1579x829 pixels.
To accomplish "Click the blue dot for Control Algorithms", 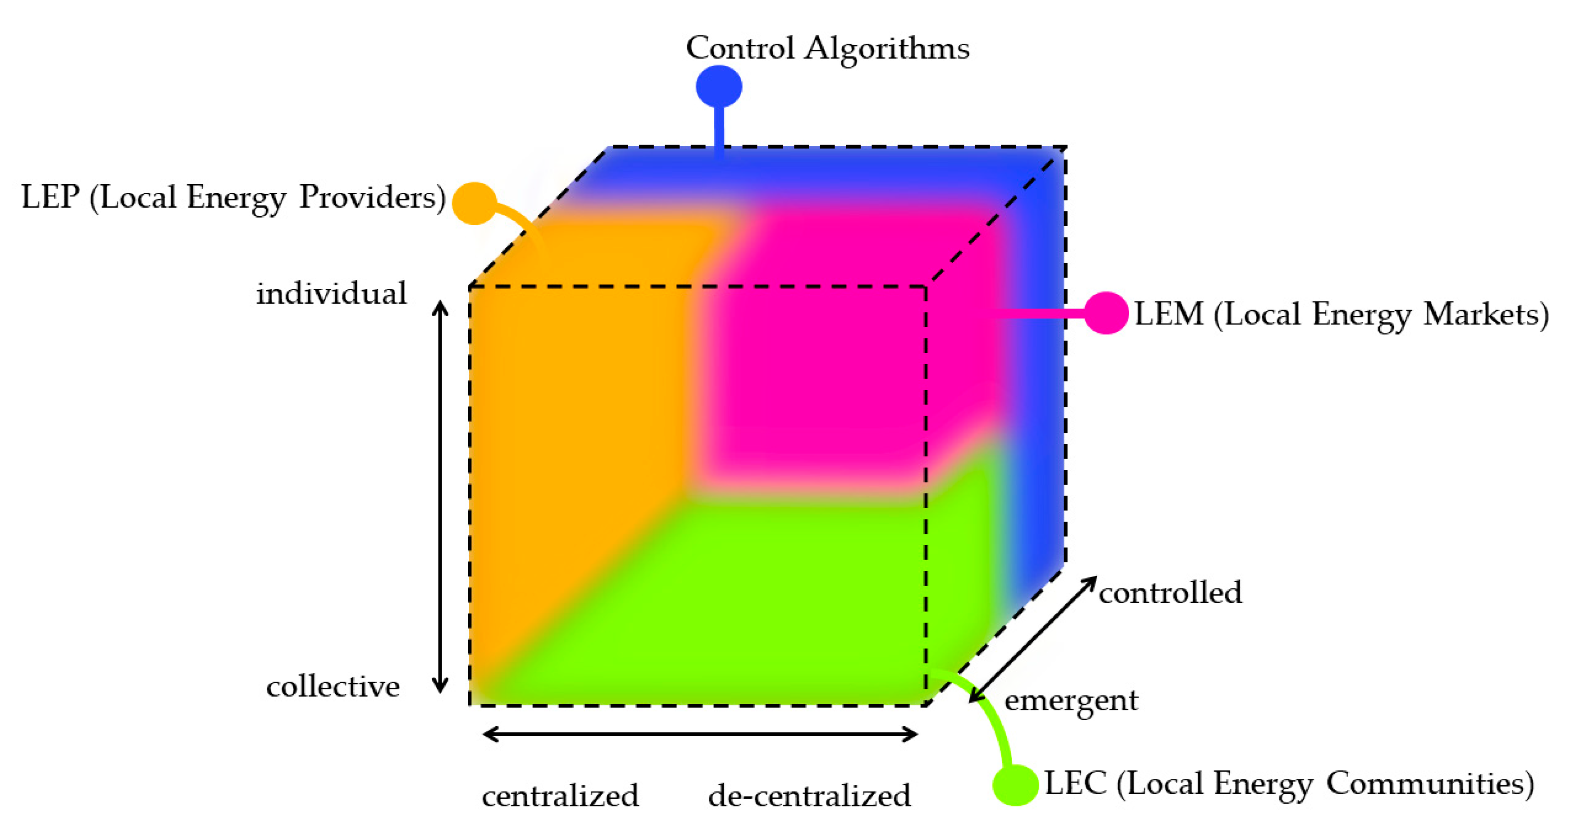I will pos(719,87).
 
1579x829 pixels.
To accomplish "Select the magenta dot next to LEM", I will pos(1106,313).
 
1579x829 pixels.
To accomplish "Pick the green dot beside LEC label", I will pos(1015,784).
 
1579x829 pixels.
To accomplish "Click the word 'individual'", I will pos(332,293).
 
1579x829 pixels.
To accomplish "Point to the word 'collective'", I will pos(333,687).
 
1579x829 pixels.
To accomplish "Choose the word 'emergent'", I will pos(1071,700).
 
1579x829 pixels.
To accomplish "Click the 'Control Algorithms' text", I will pos(827,48).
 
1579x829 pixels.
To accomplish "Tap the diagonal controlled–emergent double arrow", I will pos(1032,639).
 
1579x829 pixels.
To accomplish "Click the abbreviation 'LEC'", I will pos(1075,783).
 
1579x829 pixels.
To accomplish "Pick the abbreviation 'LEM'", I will pos(1169,314).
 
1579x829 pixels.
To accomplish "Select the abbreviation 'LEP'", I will pos(50,197).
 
